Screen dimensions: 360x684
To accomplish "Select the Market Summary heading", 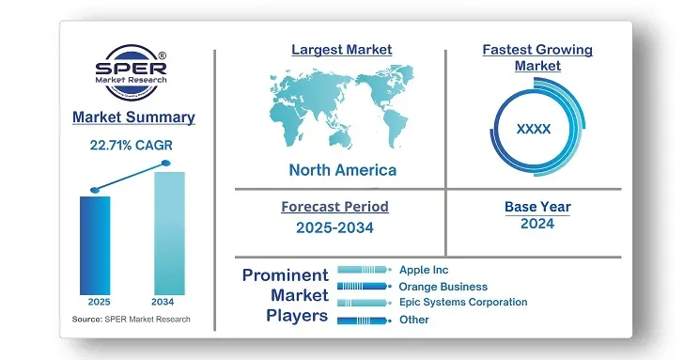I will tap(133, 117).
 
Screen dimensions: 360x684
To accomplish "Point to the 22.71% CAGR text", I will tap(132, 145).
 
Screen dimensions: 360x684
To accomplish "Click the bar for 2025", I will tap(95, 244).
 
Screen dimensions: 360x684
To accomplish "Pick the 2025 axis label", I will tap(99, 303).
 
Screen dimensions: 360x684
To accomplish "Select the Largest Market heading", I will tap(342, 49).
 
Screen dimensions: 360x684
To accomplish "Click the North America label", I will tap(342, 170).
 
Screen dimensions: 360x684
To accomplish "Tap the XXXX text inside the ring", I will tap(534, 129).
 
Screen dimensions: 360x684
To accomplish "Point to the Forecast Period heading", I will tap(334, 207).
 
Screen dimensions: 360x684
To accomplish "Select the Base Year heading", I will tap(537, 207).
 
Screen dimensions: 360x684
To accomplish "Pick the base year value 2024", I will tap(537, 224).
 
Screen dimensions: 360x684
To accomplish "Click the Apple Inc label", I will tap(424, 270).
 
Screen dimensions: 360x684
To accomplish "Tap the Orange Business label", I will tap(443, 287).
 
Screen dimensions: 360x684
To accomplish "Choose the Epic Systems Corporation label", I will tap(463, 303).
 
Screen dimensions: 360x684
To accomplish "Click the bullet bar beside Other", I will tap(364, 320).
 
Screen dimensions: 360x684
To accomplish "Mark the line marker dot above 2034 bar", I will tap(166, 164).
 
